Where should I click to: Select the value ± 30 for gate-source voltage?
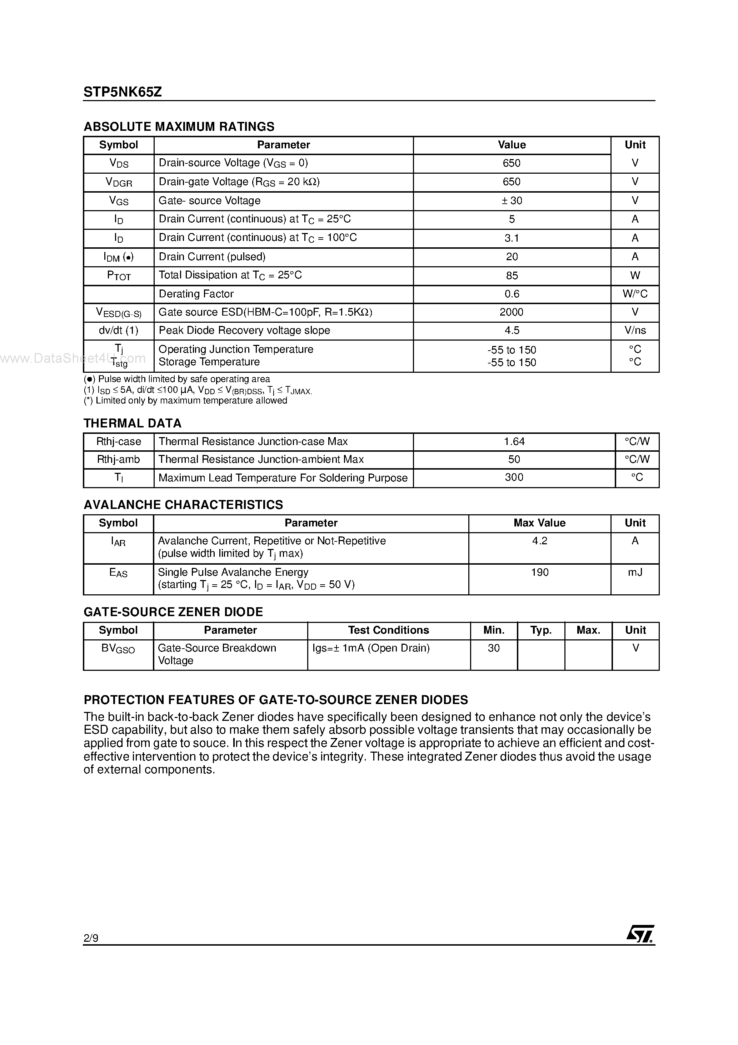click(512, 201)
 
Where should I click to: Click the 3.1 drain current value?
click(512, 238)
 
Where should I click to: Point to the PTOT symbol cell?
click(119, 276)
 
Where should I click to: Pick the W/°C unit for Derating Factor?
click(635, 294)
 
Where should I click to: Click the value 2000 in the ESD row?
click(512, 312)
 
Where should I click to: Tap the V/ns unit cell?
click(635, 331)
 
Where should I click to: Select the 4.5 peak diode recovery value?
click(512, 331)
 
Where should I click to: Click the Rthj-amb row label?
click(118, 460)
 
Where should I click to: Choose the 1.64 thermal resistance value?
click(514, 441)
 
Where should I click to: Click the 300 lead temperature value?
click(514, 477)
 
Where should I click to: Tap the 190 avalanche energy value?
click(540, 572)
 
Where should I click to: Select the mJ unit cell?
click(635, 572)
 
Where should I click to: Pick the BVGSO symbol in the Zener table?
click(118, 649)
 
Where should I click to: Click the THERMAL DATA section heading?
click(133, 423)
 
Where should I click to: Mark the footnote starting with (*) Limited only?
click(186, 401)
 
